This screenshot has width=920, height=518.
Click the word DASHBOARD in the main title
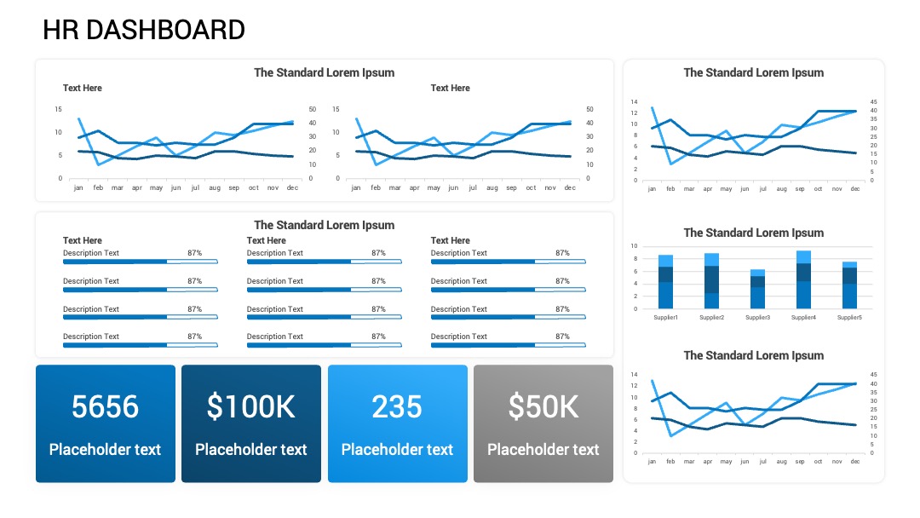tap(165, 30)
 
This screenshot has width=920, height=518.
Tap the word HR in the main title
tap(60, 30)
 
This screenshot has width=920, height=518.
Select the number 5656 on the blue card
tap(105, 406)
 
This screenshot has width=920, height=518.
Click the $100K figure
tap(251, 406)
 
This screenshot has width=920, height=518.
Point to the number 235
tap(397, 406)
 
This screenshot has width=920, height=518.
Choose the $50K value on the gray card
tap(543, 406)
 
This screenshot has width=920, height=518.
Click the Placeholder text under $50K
tap(543, 449)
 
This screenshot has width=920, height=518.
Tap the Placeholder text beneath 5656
tap(105, 449)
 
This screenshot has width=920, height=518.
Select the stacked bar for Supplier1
tap(665, 282)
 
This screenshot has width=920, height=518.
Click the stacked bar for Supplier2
tap(711, 281)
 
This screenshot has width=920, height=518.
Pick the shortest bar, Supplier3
tap(757, 289)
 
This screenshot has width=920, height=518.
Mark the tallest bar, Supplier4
tap(804, 279)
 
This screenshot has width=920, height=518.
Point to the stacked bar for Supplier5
tap(849, 285)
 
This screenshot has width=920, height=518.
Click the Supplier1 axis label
tap(665, 318)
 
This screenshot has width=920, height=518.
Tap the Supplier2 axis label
tap(711, 318)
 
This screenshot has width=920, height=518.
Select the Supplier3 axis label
tap(757, 318)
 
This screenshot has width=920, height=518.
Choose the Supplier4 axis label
tap(804, 318)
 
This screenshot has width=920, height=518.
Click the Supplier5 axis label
tap(849, 318)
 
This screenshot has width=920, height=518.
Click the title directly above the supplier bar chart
tap(753, 233)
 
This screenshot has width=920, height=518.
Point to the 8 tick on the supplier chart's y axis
tap(635, 259)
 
